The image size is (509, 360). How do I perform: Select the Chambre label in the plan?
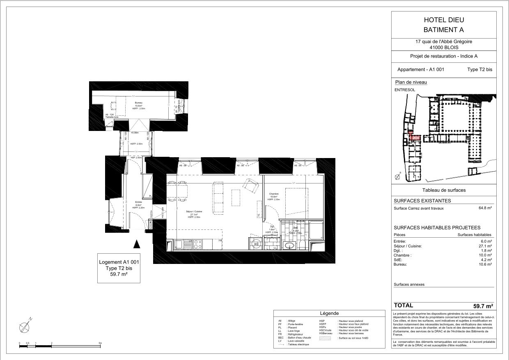click(274, 194)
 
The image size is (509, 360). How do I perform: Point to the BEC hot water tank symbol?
click(256, 243)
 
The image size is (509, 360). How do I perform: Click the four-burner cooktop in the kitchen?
click(197, 244)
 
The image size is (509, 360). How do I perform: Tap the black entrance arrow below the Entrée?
click(137, 244)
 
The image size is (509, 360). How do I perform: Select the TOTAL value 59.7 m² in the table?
click(483, 306)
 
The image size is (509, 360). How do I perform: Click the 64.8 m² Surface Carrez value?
click(485, 208)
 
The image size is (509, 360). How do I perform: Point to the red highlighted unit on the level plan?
click(415, 138)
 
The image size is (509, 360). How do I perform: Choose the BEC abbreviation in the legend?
click(281, 338)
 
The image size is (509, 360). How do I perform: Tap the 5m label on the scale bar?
click(100, 343)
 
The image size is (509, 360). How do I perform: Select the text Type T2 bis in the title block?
click(479, 70)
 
